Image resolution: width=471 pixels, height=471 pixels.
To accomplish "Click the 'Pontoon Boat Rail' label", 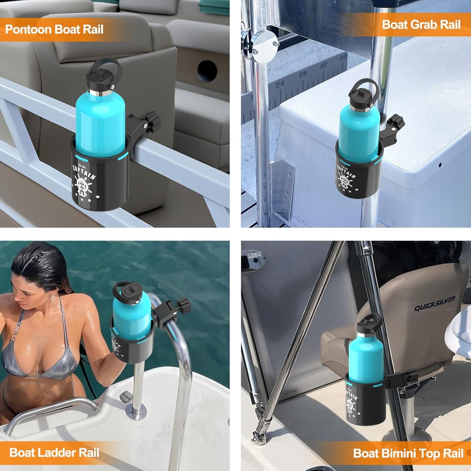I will pyautogui.click(x=54, y=30).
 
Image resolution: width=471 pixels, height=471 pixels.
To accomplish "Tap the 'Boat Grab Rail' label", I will pyautogui.click(x=421, y=24).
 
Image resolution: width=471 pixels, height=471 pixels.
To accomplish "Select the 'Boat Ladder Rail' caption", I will pyautogui.click(x=54, y=452).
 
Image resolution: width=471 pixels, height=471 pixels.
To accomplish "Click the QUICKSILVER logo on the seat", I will pyautogui.click(x=434, y=303).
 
